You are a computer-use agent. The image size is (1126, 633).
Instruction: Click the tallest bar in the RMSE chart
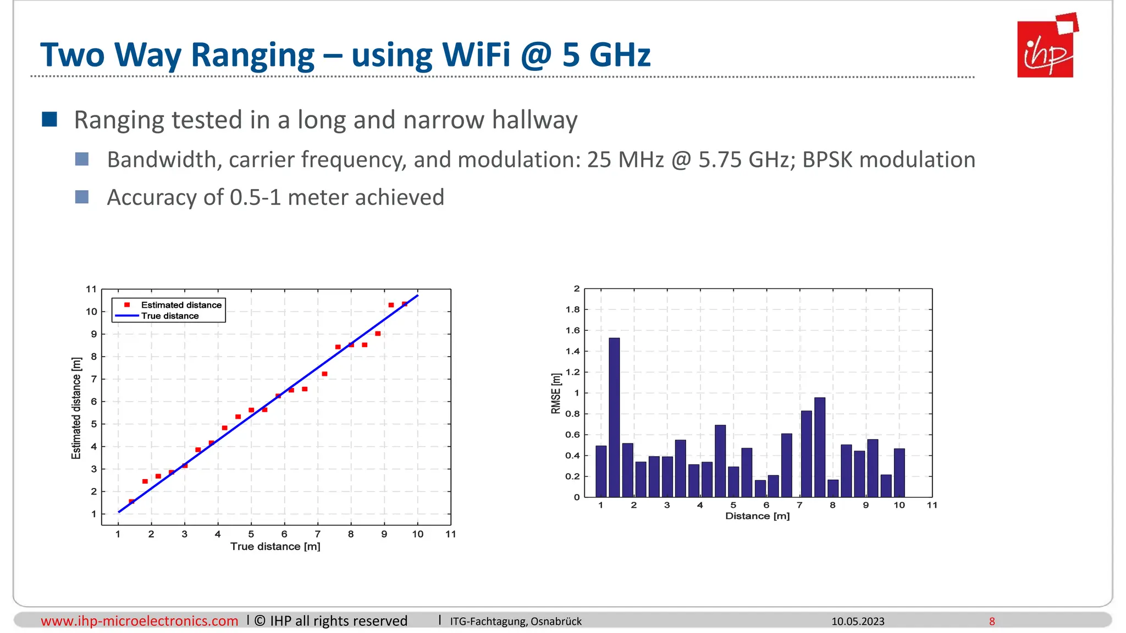[614, 418]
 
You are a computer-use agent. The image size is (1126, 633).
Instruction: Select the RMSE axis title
[556, 393]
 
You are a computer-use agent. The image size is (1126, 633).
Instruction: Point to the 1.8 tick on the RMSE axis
[572, 309]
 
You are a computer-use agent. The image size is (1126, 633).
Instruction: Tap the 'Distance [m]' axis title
[757, 516]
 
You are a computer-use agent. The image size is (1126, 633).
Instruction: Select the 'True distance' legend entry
[170, 316]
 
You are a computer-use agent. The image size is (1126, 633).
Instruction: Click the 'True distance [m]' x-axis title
[275, 546]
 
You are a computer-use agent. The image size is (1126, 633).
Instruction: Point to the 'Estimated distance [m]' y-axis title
[76, 408]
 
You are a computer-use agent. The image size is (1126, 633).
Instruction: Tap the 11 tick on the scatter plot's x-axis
[451, 534]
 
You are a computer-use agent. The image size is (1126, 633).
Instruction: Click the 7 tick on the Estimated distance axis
[94, 379]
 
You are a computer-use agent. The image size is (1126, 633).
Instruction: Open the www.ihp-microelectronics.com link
[140, 621]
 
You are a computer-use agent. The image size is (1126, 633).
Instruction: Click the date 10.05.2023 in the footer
[858, 621]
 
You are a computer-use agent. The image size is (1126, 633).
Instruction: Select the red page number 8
[992, 621]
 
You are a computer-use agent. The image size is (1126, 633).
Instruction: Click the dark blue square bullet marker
[49, 119]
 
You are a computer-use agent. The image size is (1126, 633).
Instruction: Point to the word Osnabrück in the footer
[556, 621]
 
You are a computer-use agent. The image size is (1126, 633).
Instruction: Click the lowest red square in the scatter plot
[131, 501]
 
